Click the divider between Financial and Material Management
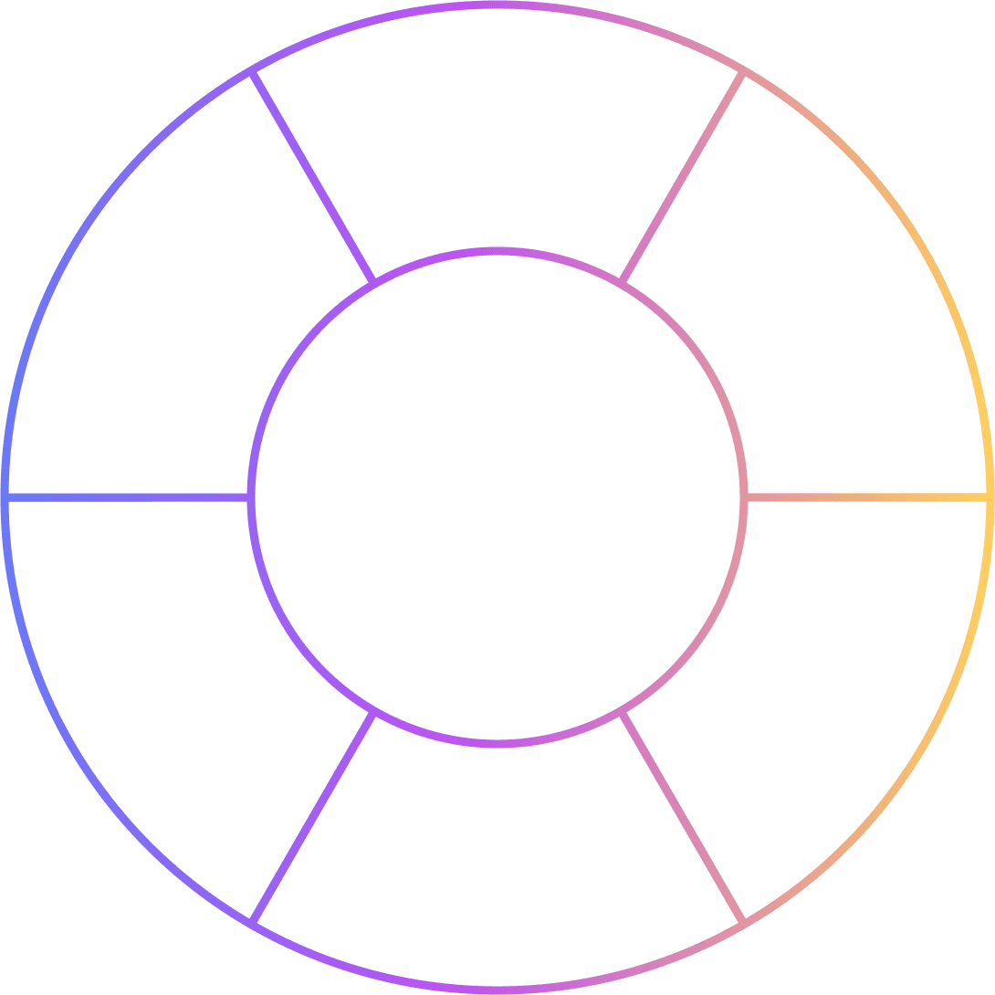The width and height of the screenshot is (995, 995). (128, 497)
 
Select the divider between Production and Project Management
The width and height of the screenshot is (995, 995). (867, 497)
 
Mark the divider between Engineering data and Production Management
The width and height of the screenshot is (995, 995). (683, 177)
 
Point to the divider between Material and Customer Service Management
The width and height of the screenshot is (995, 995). (313, 817)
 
